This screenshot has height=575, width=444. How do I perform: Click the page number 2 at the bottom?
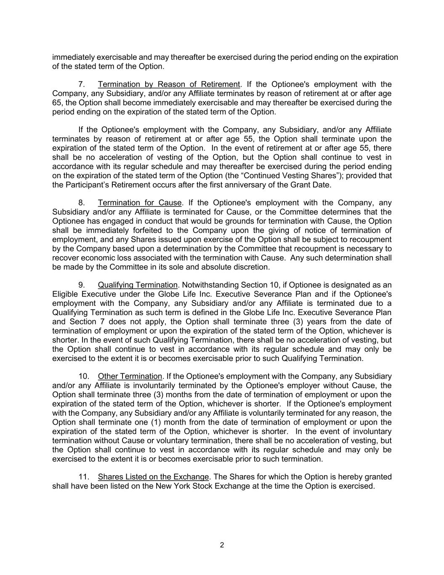tap(222, 545)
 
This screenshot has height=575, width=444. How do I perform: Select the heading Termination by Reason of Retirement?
tap(169, 84)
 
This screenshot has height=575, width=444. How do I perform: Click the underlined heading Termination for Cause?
tap(140, 203)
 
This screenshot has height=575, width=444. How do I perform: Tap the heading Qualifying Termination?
tap(138, 285)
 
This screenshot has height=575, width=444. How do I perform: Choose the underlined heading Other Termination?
tap(130, 376)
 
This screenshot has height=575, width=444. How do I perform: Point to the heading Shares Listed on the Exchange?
tap(153, 477)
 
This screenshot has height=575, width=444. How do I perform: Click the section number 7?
tap(82, 84)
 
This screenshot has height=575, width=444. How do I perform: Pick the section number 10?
tap(84, 376)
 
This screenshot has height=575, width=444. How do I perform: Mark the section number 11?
tap(84, 477)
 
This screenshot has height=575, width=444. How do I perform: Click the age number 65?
tap(57, 103)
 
